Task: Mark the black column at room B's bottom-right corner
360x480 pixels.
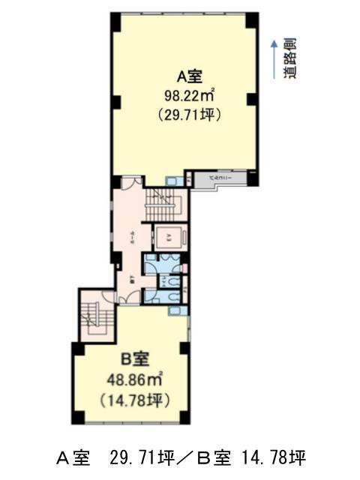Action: [184, 418]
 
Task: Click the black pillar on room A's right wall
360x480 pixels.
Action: [252, 100]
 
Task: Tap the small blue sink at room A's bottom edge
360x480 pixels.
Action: [172, 180]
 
